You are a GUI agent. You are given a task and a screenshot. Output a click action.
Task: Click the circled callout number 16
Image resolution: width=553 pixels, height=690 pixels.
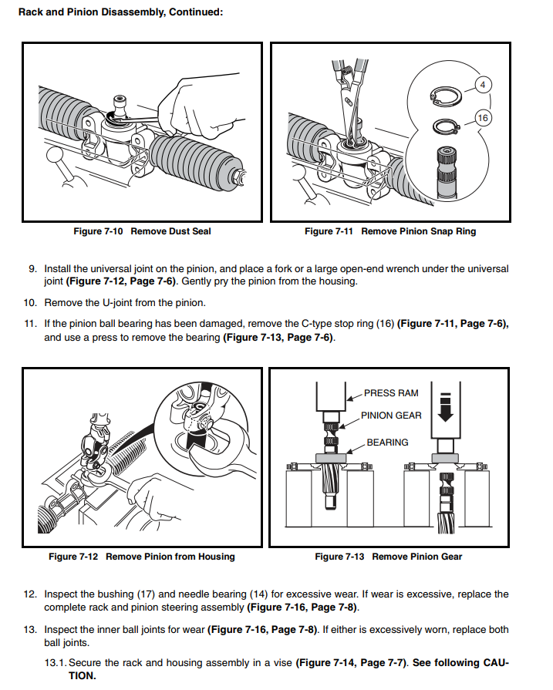pyautogui.click(x=483, y=118)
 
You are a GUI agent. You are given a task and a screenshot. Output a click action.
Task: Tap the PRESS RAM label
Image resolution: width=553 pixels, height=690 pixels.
pyautogui.click(x=391, y=393)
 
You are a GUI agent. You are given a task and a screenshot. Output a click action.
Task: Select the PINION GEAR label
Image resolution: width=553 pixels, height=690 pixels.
pyautogui.click(x=391, y=416)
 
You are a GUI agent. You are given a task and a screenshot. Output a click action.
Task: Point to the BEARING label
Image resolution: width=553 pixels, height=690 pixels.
pyautogui.click(x=387, y=443)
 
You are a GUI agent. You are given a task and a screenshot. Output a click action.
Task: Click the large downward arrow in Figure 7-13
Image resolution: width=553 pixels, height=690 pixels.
pyautogui.click(x=446, y=408)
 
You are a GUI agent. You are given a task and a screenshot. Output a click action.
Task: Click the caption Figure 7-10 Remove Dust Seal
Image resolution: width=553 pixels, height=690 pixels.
pyautogui.click(x=142, y=231)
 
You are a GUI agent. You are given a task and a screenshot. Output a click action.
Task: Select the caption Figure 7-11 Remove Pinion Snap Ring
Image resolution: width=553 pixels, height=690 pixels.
pyautogui.click(x=390, y=231)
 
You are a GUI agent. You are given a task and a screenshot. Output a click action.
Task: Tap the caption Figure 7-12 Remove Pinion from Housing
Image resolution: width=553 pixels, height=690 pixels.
pyautogui.click(x=142, y=557)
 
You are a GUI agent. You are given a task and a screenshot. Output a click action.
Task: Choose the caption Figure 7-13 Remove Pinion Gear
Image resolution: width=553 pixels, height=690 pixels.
pyautogui.click(x=389, y=557)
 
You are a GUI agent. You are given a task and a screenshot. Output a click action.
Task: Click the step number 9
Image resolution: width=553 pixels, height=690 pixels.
pyautogui.click(x=32, y=269)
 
